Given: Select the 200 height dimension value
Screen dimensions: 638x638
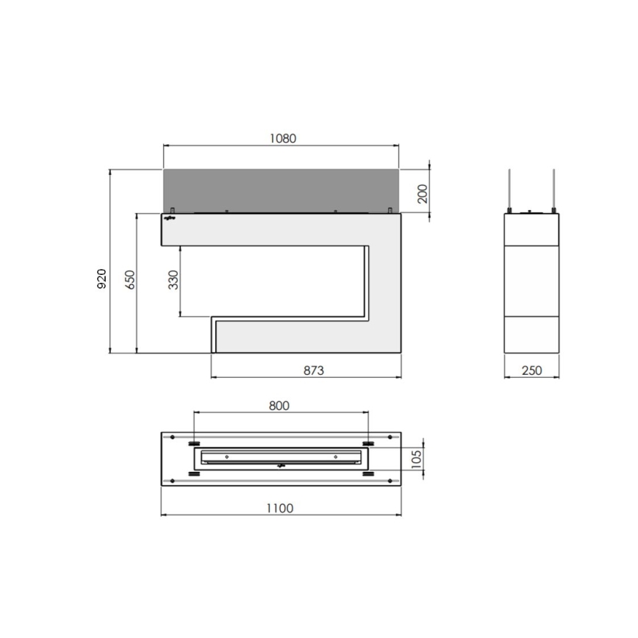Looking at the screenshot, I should click(421, 193).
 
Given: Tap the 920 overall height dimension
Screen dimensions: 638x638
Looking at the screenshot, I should click(102, 279).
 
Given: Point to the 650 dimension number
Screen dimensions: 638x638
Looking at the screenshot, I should click(130, 282).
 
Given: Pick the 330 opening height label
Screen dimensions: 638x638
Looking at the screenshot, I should click(173, 281).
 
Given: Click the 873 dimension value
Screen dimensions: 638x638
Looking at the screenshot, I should click(313, 370).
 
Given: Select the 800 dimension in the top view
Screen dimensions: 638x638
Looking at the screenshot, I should click(279, 405).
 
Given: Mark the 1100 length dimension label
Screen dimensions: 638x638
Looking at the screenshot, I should click(279, 508).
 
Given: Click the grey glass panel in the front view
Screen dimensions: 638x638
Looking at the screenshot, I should click(281, 190).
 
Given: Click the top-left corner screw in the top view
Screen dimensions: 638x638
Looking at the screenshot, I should click(173, 438).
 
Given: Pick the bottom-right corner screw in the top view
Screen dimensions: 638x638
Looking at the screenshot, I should click(387, 481).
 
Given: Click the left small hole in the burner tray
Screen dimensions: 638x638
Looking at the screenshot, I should click(226, 457).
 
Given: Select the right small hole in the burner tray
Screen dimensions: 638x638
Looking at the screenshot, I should click(334, 457).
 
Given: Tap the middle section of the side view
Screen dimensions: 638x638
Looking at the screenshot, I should click(531, 280).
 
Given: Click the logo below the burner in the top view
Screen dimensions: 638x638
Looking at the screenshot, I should click(280, 466).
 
